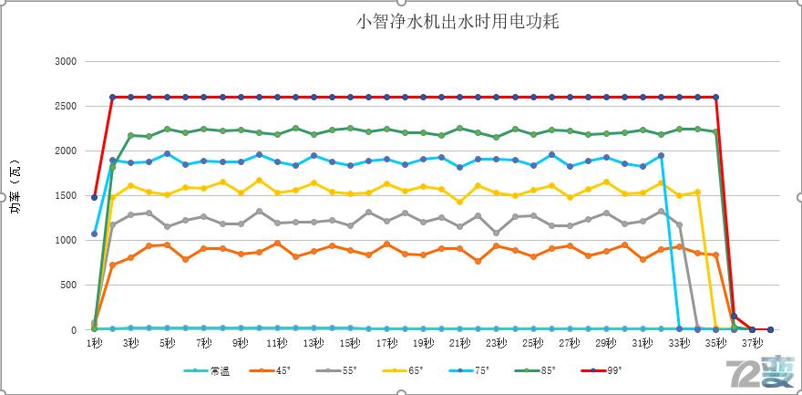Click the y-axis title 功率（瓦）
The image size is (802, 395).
pos(15,195)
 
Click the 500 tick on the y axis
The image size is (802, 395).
pos(68,286)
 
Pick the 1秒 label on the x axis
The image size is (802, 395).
pos(94,343)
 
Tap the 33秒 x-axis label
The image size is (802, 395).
pos(679,343)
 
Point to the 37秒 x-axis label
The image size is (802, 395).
pos(752,343)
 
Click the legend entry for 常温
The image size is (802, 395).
pos(209,370)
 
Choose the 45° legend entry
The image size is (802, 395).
pos(274,370)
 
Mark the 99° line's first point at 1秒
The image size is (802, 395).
pos(95,197)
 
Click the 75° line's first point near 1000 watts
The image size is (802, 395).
pos(95,234)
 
